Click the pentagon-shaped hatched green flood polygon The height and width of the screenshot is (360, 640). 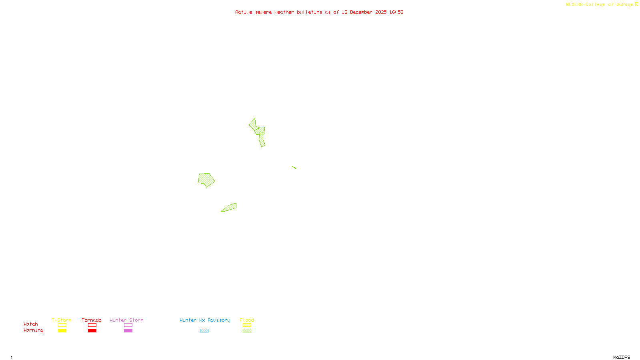click(x=206, y=180)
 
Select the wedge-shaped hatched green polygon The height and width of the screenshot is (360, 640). click(x=230, y=208)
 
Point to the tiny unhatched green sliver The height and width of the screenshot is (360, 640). click(x=294, y=168)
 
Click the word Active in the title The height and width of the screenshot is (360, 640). click(x=244, y=12)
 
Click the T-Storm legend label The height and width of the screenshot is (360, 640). click(x=62, y=320)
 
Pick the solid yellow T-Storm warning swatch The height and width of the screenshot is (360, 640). click(x=62, y=331)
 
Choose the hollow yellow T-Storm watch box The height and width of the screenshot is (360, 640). click(x=62, y=325)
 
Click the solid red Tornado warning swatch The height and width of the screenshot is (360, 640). click(x=92, y=331)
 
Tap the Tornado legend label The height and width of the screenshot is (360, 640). click(x=92, y=320)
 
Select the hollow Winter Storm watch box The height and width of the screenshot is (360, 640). click(x=128, y=325)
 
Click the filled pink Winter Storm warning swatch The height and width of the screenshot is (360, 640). click(x=128, y=331)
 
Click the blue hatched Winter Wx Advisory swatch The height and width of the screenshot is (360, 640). click(x=204, y=331)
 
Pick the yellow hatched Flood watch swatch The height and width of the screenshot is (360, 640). click(x=247, y=325)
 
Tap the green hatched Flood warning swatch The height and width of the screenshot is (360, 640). click(x=247, y=331)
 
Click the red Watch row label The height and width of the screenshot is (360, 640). click(x=31, y=324)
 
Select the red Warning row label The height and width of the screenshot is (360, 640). click(x=33, y=330)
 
